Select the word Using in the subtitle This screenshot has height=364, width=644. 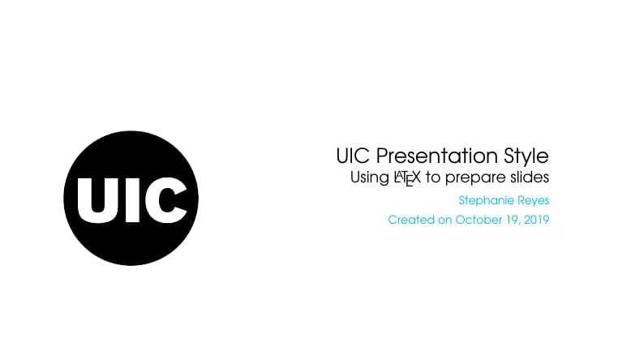point(369,178)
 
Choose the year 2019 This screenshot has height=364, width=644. point(536,220)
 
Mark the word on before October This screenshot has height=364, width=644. point(445,220)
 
